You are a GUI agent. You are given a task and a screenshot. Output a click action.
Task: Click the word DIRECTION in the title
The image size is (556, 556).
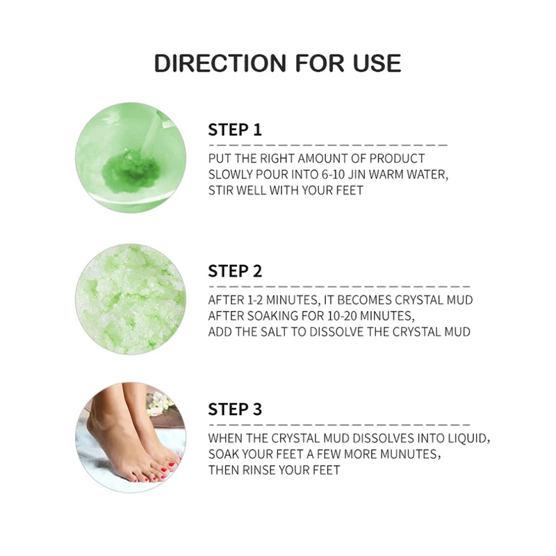[x=220, y=63]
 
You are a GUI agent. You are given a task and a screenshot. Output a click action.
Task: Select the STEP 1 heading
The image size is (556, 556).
[x=235, y=130]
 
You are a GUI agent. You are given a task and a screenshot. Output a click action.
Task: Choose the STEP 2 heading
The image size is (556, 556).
[x=235, y=271]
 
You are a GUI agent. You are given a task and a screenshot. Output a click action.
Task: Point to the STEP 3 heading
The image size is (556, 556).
[x=235, y=409]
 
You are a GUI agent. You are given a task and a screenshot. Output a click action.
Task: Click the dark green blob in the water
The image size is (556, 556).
[x=131, y=170]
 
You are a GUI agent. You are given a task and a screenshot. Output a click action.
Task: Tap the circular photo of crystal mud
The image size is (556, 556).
[x=131, y=299]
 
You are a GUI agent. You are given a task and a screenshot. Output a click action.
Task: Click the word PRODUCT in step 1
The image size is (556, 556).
[x=397, y=158]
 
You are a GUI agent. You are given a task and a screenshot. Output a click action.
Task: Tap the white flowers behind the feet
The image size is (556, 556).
[x=159, y=404]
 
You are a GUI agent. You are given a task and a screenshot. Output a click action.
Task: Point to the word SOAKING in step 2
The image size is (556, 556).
[x=268, y=316]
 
